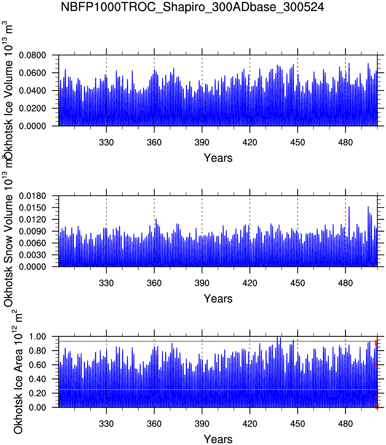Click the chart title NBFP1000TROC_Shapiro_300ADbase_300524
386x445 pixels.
click(x=192, y=7)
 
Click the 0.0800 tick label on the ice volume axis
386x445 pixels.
click(x=32, y=55)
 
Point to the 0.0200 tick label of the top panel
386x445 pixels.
click(x=32, y=108)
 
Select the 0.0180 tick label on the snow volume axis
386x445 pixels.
click(x=32, y=196)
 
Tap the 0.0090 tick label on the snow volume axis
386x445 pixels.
click(x=32, y=232)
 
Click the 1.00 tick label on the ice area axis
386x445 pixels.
click(x=37, y=337)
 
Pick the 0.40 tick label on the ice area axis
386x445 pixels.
click(x=37, y=379)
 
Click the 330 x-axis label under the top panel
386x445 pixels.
click(x=106, y=142)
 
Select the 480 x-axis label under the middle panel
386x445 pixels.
click(x=345, y=283)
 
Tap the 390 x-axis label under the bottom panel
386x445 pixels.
click(x=202, y=424)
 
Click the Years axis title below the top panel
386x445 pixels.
click(x=218, y=158)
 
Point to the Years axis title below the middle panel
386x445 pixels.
click(x=218, y=299)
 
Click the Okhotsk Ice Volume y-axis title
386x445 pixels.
click(x=8, y=92)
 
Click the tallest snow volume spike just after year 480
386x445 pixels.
click(x=349, y=207)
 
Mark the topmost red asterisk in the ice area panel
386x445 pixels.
click(x=376, y=342)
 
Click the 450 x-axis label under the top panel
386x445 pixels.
click(x=297, y=142)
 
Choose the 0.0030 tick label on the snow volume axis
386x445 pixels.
click(x=32, y=255)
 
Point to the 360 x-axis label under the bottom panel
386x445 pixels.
click(x=154, y=424)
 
